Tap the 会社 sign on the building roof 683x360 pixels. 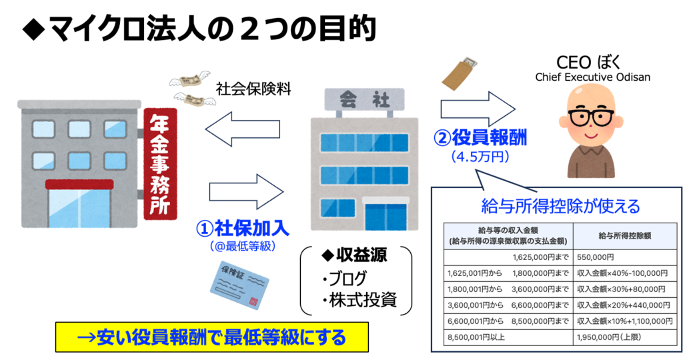(364, 99)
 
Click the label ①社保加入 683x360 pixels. (242, 228)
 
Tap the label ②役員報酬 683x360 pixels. (480, 139)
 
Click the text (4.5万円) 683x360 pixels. (480, 157)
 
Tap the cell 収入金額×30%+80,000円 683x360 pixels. (621, 290)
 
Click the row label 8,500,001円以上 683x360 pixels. (476, 338)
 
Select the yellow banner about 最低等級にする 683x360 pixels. (211, 337)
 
